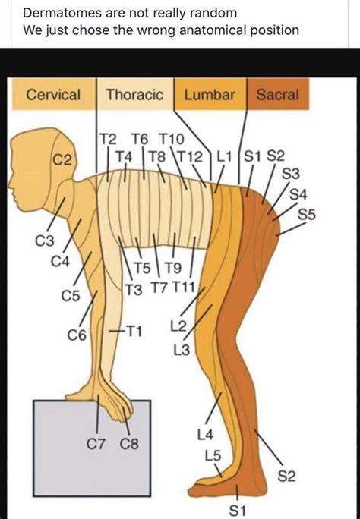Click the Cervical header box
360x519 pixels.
52,95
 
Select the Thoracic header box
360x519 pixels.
134,95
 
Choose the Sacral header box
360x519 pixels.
277,95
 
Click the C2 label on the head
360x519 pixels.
62,160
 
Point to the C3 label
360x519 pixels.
45,241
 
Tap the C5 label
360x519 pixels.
70,295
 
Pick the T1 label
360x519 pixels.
134,332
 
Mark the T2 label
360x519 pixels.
108,139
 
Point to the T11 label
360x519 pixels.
185,288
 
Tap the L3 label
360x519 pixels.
182,350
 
